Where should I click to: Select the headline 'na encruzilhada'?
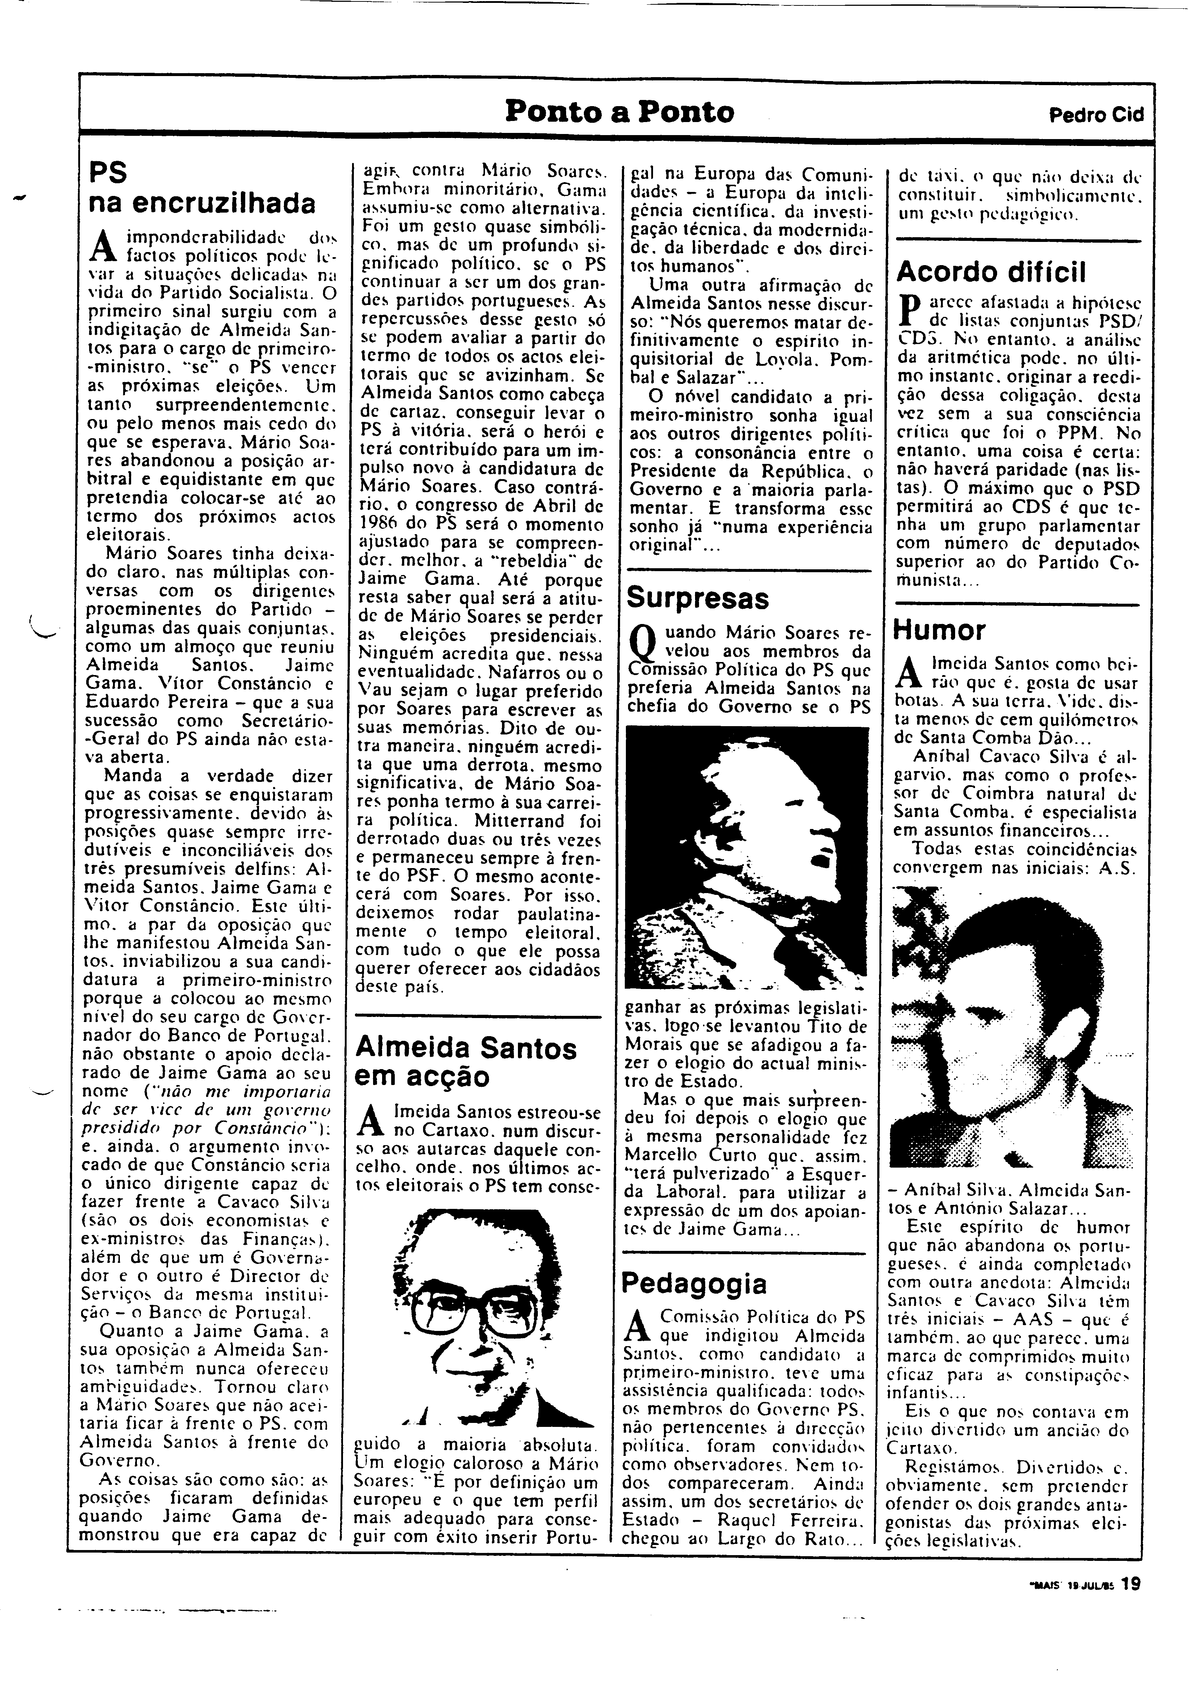(x=201, y=203)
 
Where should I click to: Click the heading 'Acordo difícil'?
(x=991, y=273)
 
